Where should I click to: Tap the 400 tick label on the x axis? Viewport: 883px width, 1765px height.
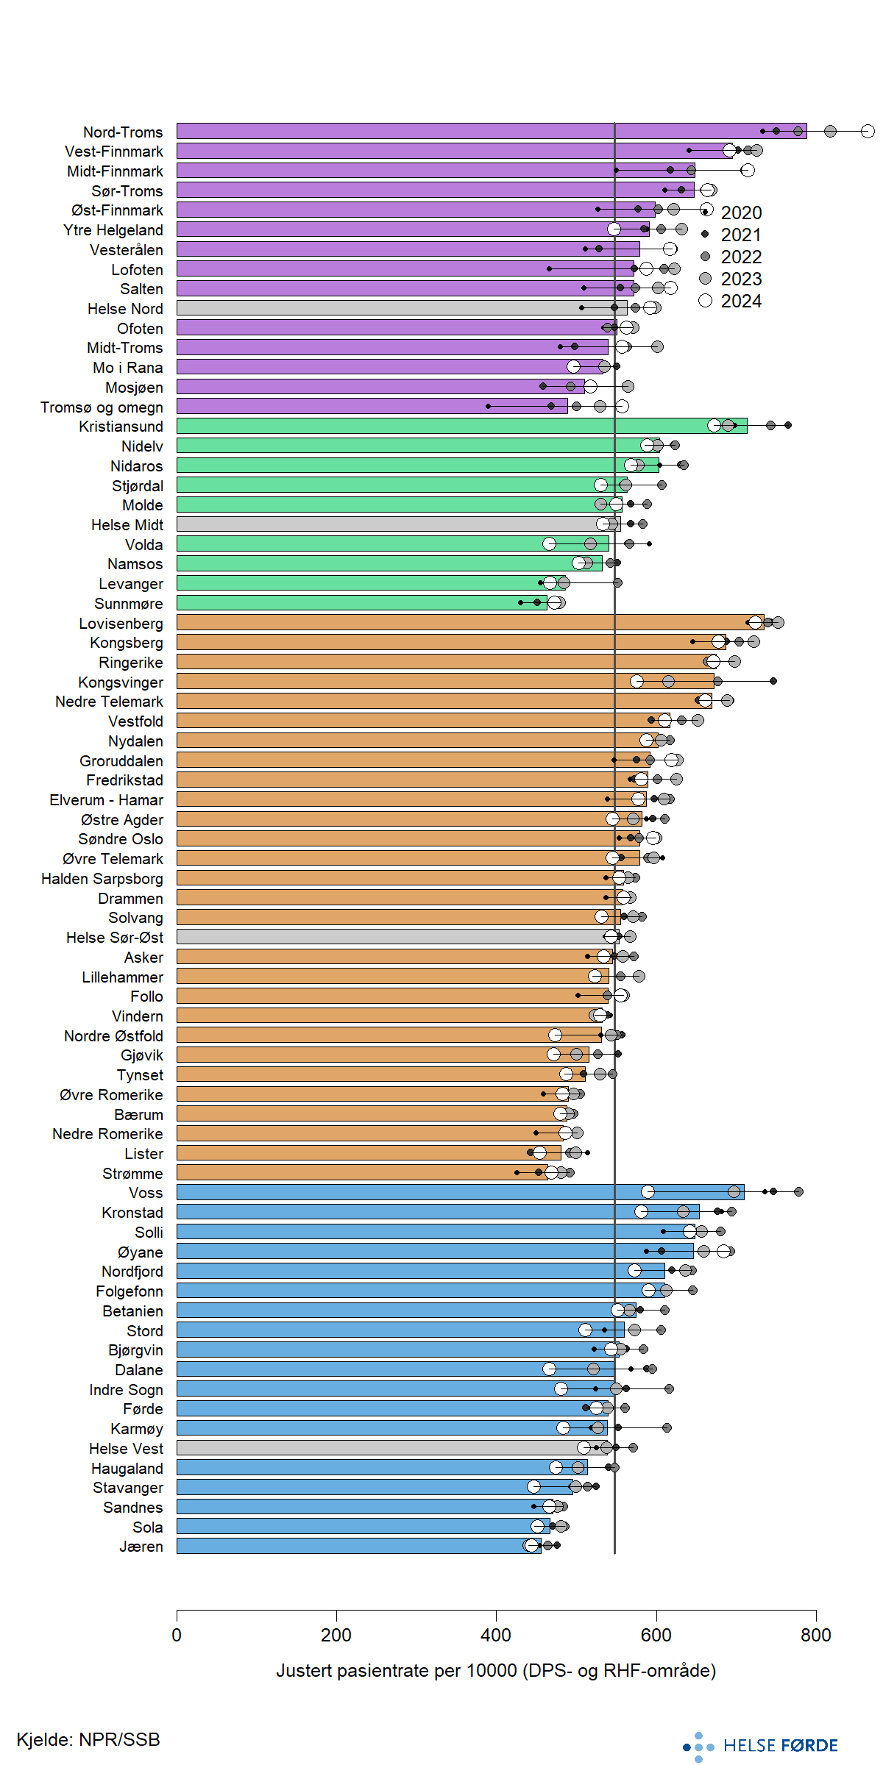[496, 1635]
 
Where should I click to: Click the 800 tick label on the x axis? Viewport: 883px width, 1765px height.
[816, 1635]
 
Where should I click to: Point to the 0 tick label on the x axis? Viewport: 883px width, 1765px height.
[177, 1635]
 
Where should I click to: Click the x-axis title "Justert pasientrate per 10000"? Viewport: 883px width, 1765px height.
[496, 1671]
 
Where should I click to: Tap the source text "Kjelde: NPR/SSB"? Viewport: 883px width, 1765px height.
[88, 1739]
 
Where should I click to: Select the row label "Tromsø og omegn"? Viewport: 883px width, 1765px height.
[102, 407]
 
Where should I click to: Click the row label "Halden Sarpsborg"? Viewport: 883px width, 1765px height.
[102, 879]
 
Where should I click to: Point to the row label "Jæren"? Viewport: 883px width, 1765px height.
[141, 1547]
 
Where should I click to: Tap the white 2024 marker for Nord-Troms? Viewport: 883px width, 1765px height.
[868, 131]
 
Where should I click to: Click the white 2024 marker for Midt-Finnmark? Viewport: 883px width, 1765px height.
[748, 170]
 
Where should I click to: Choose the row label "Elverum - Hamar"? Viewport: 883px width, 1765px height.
[106, 800]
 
